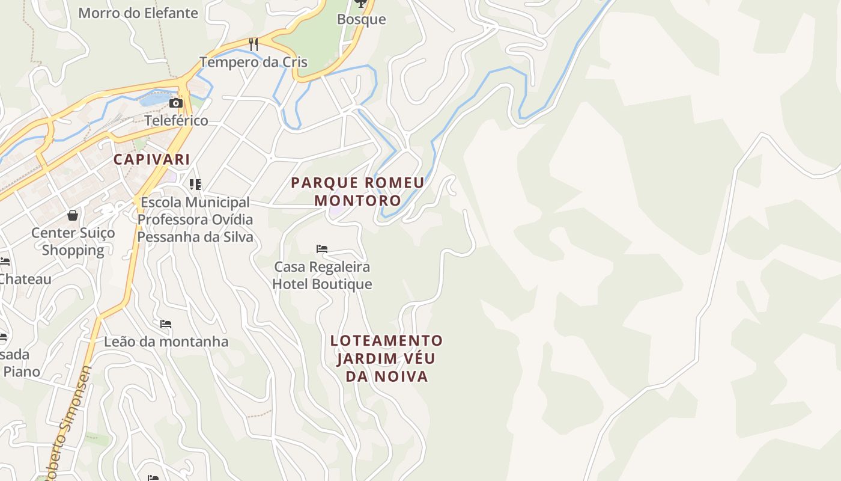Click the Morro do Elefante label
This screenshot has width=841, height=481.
point(138,13)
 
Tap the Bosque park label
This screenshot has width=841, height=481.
point(361,19)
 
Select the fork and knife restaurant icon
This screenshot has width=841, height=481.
point(254,44)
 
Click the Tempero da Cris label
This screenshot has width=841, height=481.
point(254,62)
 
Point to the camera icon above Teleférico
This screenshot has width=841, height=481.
point(176,103)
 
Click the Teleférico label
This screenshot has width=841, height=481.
point(176,120)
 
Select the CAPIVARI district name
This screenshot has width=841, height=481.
point(152,159)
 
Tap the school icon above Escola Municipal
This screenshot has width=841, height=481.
point(195,184)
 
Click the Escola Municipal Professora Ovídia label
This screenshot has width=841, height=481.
point(195,219)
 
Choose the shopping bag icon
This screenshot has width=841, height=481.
point(73,215)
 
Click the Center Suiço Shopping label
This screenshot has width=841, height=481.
point(73,241)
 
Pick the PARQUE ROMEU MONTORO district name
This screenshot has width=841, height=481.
point(357,191)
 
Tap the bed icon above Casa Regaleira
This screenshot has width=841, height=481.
point(322,249)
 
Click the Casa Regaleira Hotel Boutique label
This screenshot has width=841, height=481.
point(322,275)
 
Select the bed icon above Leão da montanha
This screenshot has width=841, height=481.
point(166,324)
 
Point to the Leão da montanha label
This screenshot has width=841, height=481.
point(166,342)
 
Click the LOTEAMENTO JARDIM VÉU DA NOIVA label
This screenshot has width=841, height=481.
point(386,358)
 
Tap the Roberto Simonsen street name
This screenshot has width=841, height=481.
point(67,424)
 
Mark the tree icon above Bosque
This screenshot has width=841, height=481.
point(360,4)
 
